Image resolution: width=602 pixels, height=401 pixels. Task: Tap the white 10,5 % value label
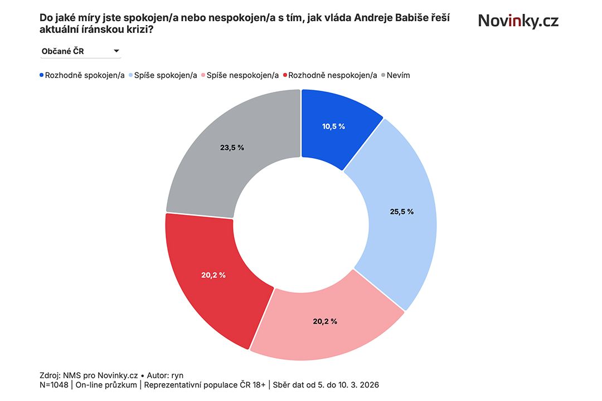333,126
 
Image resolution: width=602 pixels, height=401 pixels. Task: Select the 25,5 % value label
402,212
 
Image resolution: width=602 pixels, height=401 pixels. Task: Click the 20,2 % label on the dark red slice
213,275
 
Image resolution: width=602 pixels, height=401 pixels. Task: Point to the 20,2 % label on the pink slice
326,321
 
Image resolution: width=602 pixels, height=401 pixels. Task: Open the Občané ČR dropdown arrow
116,51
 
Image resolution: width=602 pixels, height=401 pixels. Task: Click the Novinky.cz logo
518,21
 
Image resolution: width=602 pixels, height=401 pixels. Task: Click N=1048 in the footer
55,385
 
